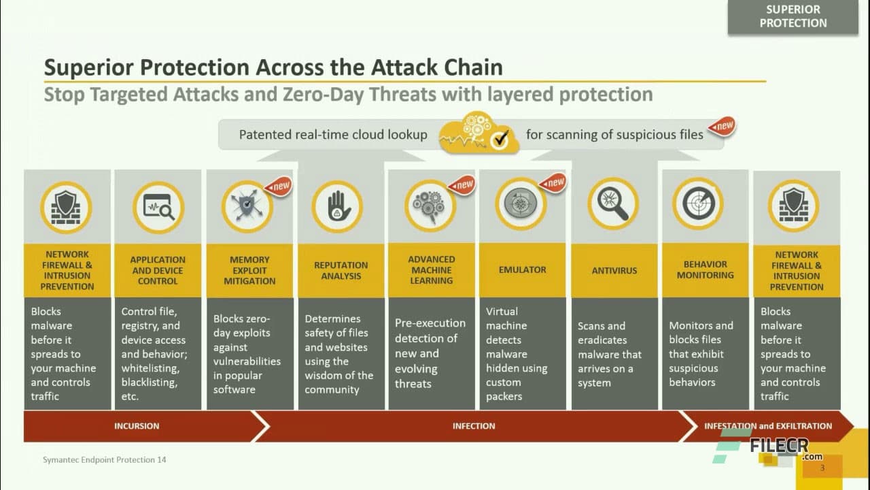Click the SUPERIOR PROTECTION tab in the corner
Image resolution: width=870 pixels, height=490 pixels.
[x=793, y=17]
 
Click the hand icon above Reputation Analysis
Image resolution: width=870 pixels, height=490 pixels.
[x=337, y=206]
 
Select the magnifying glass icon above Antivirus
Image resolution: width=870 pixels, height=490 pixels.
[x=613, y=203]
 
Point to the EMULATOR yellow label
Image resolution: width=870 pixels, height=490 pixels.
[x=522, y=270]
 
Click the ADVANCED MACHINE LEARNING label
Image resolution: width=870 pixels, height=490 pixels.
[x=431, y=270]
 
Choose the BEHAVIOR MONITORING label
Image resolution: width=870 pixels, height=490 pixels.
[x=705, y=270]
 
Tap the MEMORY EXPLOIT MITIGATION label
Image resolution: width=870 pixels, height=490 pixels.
[x=249, y=270]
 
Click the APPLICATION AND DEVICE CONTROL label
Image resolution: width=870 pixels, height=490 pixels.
[x=158, y=270]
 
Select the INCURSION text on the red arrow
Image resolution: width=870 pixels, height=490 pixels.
[x=137, y=426]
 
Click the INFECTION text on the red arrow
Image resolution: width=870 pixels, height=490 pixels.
[x=474, y=426]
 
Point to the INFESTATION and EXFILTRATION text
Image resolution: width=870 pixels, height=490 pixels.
[x=767, y=426]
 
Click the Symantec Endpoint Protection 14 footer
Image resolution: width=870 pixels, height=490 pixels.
[x=104, y=460]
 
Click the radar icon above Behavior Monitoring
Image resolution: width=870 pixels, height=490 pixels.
[x=698, y=203]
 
